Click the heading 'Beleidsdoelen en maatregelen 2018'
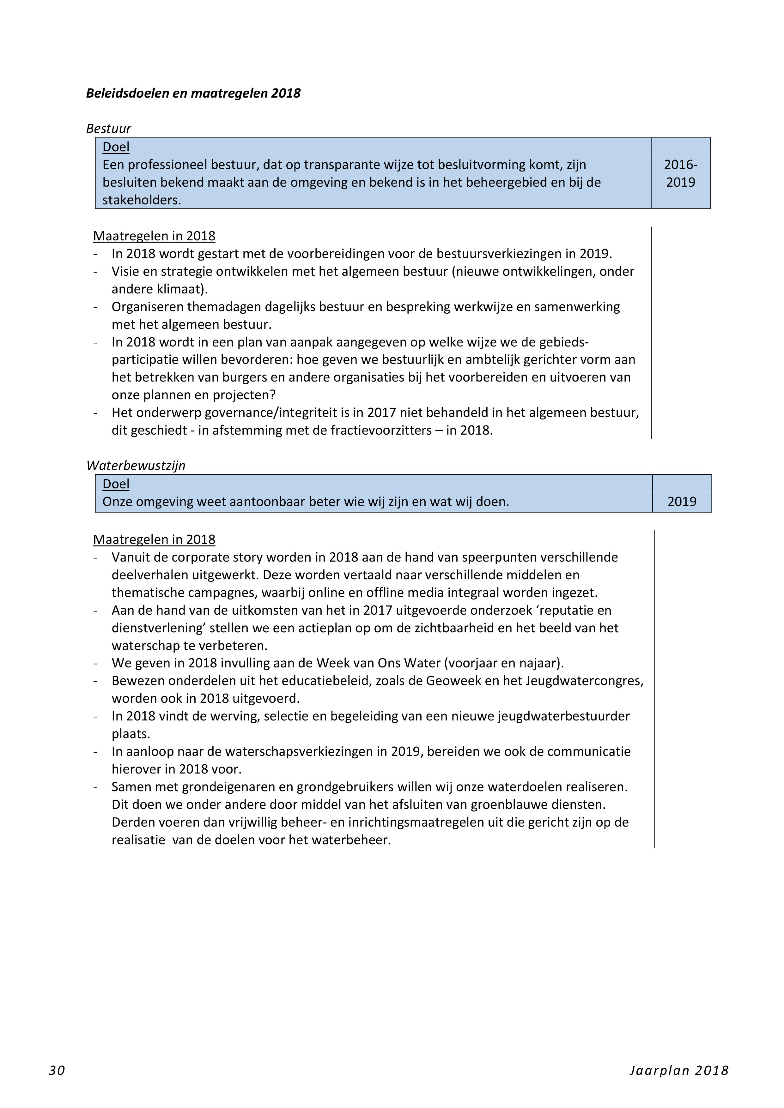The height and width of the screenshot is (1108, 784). click(x=193, y=93)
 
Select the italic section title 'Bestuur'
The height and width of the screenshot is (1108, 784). click(x=109, y=128)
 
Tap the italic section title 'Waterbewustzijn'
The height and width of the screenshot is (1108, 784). click(x=136, y=465)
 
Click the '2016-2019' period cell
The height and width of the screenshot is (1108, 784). click(x=680, y=173)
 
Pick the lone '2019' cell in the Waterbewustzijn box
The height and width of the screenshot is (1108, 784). click(x=682, y=501)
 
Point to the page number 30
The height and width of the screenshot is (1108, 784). click(x=57, y=1070)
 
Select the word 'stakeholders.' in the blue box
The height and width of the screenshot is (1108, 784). click(x=142, y=200)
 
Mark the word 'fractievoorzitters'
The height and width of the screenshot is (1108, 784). click(x=381, y=430)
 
